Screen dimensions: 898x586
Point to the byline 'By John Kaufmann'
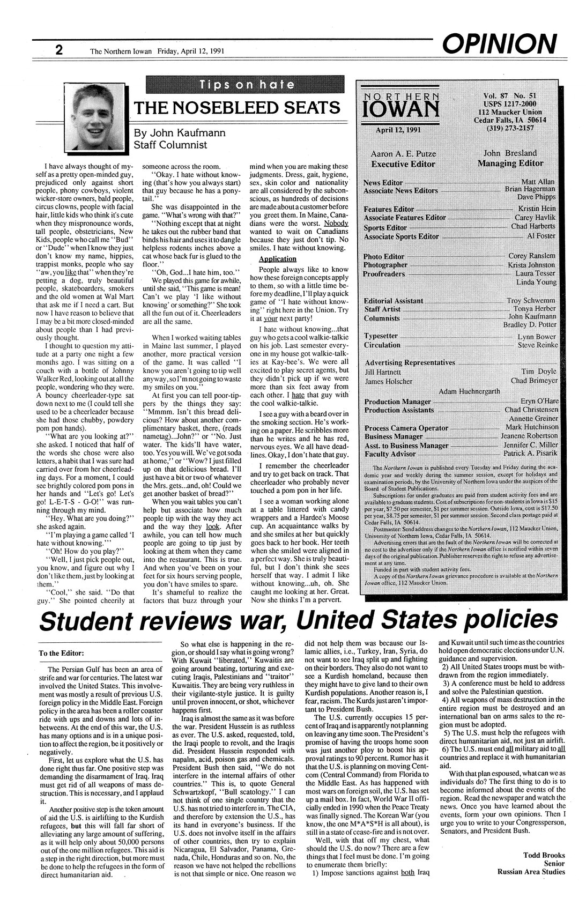point(182,132)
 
